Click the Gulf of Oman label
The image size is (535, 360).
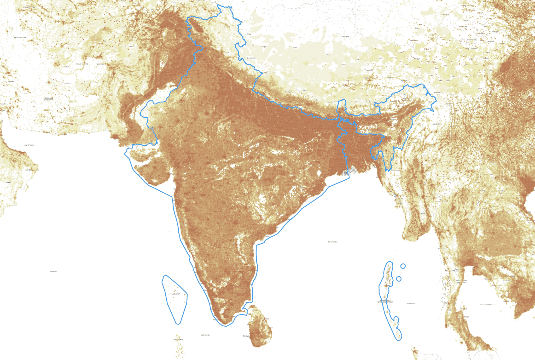point(29,145)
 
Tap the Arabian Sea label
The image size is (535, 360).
point(54,272)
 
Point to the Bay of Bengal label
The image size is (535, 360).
point(333,242)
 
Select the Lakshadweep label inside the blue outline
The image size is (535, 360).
point(176,294)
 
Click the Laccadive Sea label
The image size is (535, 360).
point(206,335)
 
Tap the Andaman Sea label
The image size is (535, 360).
point(411,304)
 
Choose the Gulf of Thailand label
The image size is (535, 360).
point(486,305)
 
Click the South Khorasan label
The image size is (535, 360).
point(20,37)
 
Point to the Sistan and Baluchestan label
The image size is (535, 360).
point(49,99)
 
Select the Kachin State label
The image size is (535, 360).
point(436,124)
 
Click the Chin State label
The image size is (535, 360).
point(395,171)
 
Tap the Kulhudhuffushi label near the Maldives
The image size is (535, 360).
point(178,340)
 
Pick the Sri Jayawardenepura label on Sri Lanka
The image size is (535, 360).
point(247,336)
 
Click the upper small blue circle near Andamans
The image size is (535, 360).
point(403,266)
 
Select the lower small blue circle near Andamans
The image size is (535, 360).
point(399,279)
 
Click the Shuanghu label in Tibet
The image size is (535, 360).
point(345,37)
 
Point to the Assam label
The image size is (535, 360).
point(393,119)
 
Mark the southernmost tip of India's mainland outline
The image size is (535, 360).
point(225,326)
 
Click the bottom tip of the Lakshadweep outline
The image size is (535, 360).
point(178,324)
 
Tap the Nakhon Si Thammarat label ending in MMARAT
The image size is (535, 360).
point(466,317)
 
